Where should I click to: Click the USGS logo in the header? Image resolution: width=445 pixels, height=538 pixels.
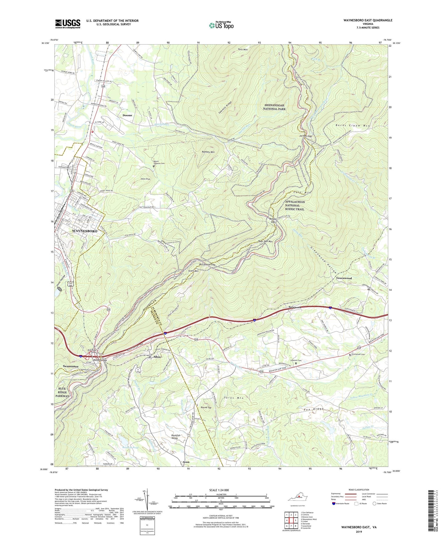pyautogui.click(x=68, y=24)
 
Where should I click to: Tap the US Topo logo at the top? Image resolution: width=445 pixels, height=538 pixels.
pyautogui.click(x=221, y=25)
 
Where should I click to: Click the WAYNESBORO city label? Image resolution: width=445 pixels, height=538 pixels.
pyautogui.click(x=84, y=231)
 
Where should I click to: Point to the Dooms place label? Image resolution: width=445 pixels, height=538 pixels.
pyautogui.click(x=127, y=115)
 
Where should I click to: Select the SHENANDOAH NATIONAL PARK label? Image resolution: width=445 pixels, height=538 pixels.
pyautogui.click(x=275, y=107)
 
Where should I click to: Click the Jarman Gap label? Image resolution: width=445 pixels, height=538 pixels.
pyautogui.click(x=305, y=136)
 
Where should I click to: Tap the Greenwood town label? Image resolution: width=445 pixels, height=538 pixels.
pyautogui.click(x=344, y=278)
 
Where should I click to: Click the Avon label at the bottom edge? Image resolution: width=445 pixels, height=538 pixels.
pyautogui.click(x=186, y=462)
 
